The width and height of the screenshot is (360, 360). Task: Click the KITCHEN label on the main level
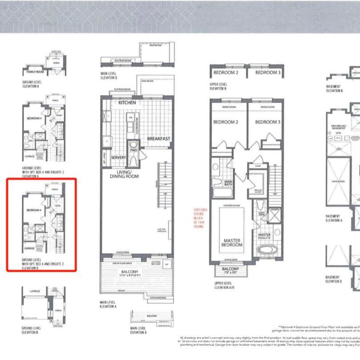pyautogui.click(x=127, y=103)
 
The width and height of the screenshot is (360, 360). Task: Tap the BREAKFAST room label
pyautogui.click(x=159, y=139)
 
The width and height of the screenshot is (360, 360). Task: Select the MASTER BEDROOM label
pyautogui.click(x=232, y=242)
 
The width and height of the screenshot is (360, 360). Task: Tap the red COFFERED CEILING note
pyautogui.click(x=198, y=218)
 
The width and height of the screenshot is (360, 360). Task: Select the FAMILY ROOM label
pyautogui.click(x=34, y=71)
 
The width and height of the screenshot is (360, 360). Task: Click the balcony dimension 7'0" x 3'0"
pyautogui.click(x=230, y=273)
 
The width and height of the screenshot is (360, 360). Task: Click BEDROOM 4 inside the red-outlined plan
pyautogui.click(x=34, y=210)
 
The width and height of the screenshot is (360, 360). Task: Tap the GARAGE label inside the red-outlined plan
pyautogui.click(x=29, y=248)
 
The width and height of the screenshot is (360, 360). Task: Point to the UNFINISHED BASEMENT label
pyautogui.click(x=339, y=128)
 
